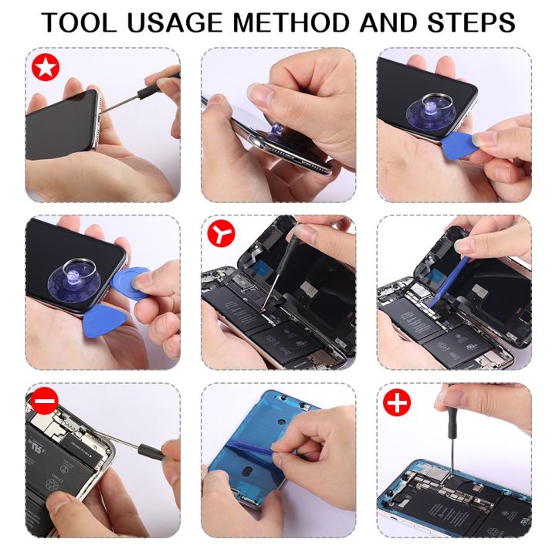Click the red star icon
pos(45,68)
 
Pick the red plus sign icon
pos(397,402)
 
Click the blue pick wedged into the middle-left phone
pos(134,279)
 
